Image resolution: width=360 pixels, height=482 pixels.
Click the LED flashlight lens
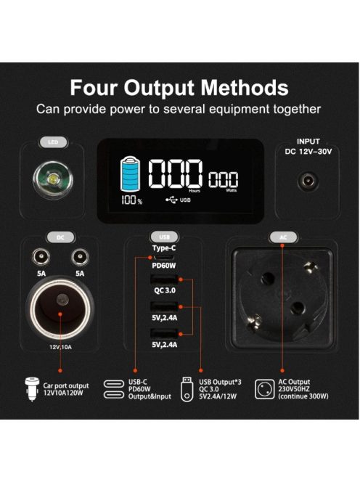[x=53, y=179]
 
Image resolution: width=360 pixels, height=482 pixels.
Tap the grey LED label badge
[x=53, y=142]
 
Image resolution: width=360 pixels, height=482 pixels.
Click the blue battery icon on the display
[x=131, y=174]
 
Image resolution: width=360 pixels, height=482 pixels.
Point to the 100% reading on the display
[x=131, y=200]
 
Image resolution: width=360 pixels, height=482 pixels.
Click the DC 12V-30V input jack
[x=308, y=181]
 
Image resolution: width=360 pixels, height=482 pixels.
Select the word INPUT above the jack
[x=308, y=142]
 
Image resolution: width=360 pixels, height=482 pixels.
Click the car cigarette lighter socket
[x=60, y=308]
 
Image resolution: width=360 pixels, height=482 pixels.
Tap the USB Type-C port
[x=163, y=257]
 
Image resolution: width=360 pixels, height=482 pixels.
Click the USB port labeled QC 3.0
[x=164, y=279]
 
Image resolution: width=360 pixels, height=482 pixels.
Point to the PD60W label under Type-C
[x=164, y=266]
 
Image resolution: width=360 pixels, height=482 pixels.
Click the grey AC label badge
[x=283, y=237]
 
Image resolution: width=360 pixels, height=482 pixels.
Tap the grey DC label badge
[x=60, y=237]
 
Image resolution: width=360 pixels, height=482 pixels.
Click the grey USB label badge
[x=165, y=237]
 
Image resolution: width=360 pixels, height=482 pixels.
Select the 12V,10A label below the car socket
[x=60, y=347]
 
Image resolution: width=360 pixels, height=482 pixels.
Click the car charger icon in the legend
[x=32, y=389]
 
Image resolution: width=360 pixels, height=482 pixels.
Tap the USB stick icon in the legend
[x=187, y=389]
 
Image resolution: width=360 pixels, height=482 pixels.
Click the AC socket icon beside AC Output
[x=264, y=389]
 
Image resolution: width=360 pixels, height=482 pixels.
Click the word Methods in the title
[x=245, y=88]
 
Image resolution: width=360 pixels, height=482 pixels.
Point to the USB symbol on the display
[x=171, y=200]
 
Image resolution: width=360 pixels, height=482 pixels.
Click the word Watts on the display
[x=232, y=190]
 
